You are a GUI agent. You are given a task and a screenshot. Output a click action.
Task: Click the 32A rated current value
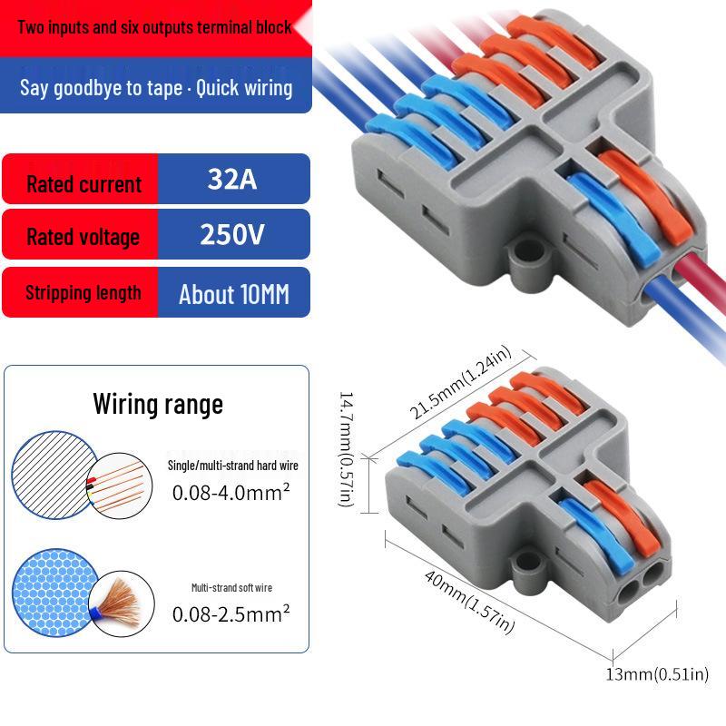(232, 179)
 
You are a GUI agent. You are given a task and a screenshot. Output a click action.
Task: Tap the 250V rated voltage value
(232, 236)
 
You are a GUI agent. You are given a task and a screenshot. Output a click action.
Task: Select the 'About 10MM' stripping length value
(234, 294)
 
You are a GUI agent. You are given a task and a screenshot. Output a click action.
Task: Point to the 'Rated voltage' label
(83, 237)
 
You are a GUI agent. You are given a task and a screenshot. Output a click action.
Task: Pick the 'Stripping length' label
(83, 292)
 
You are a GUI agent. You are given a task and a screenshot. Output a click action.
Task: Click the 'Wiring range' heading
(158, 404)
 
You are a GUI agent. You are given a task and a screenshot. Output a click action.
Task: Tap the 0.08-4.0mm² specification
(231, 492)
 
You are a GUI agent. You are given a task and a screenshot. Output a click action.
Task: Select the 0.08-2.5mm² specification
(231, 613)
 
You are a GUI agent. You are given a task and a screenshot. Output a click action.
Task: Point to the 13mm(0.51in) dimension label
(657, 674)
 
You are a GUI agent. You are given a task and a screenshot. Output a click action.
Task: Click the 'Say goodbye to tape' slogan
(156, 87)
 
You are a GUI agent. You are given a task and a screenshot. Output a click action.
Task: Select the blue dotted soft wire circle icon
(50, 590)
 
